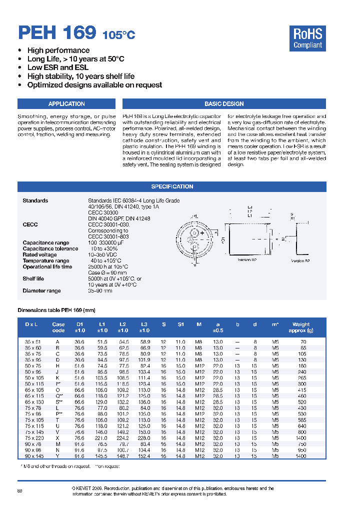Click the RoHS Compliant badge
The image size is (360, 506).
(x=307, y=38)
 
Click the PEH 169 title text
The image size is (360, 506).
(x=56, y=33)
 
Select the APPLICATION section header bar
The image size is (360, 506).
(x=66, y=104)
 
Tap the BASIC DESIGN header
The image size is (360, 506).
(x=224, y=104)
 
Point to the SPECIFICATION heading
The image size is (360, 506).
(x=171, y=186)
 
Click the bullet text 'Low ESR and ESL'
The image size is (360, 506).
(x=58, y=67)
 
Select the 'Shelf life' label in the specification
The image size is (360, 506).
(x=33, y=279)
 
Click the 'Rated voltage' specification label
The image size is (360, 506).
(x=37, y=254)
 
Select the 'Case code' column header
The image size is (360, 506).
(x=58, y=327)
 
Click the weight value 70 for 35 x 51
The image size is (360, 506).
(x=303, y=341)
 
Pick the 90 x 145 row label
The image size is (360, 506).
(x=34, y=456)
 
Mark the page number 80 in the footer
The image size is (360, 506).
(x=20, y=491)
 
